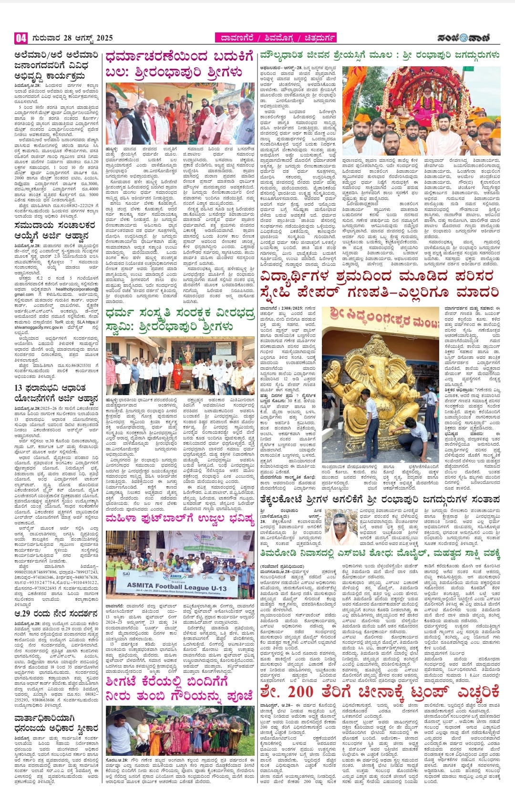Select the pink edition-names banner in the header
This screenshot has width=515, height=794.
click(276, 38)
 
